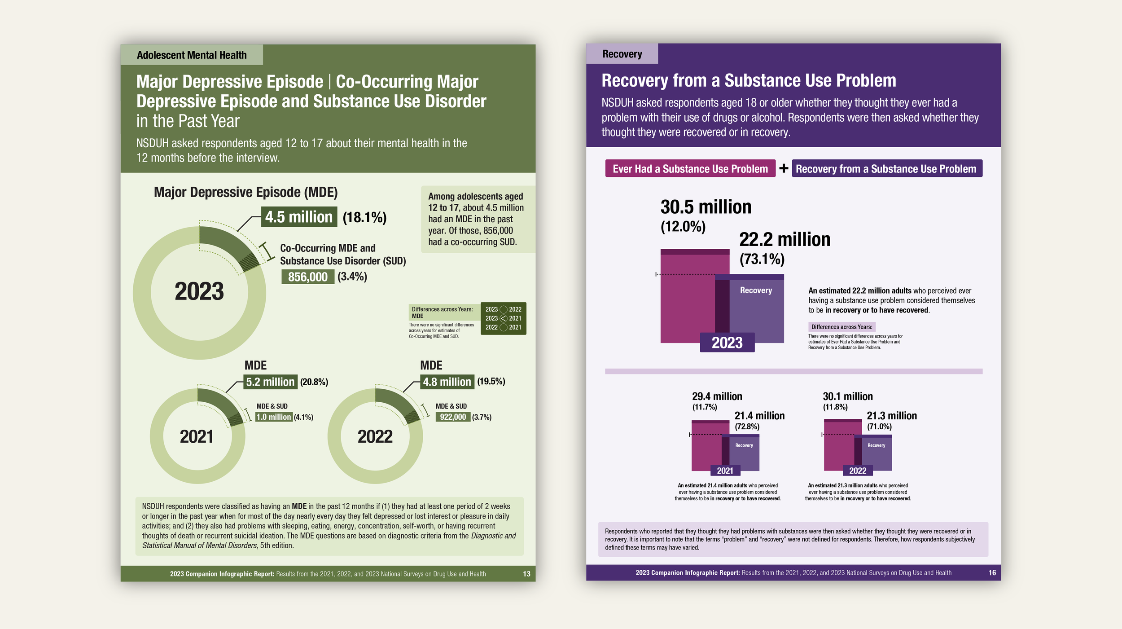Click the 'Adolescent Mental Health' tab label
[192, 55]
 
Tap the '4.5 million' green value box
[299, 217]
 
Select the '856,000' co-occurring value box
[308, 277]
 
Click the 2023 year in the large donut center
[199, 291]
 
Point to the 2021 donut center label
[197, 437]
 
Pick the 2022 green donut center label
[375, 437]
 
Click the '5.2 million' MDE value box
[270, 382]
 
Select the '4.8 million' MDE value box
[447, 382]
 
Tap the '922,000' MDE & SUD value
[453, 417]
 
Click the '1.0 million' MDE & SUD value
[274, 417]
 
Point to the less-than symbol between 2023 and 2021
[504, 318]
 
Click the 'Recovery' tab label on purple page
[622, 54]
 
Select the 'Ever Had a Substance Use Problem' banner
[690, 169]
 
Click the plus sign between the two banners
[784, 168]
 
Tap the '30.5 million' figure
[706, 207]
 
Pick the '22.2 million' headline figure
[785, 240]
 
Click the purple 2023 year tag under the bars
[727, 343]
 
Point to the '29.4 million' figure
[717, 396]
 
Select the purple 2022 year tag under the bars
[858, 471]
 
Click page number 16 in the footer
[992, 573]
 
